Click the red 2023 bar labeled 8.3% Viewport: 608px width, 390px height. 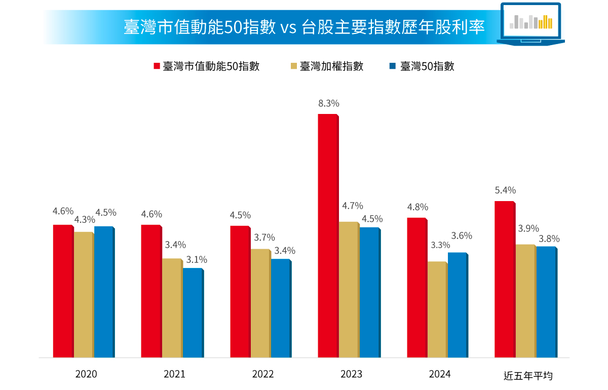327,236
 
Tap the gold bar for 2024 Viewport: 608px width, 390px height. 437,309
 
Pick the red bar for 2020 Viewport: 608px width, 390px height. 63,291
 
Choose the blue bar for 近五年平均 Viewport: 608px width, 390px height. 546,302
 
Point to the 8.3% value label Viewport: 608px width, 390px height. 329,103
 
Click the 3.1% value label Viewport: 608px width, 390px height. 197,260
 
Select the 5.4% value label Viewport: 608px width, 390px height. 505,190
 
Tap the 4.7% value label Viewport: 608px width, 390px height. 353,206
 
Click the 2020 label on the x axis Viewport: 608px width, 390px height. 86,374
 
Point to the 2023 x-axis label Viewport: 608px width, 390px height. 351,374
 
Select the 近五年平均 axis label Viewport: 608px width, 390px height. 528,375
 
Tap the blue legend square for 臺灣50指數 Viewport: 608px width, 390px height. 393,66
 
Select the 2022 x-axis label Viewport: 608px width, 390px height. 262,374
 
